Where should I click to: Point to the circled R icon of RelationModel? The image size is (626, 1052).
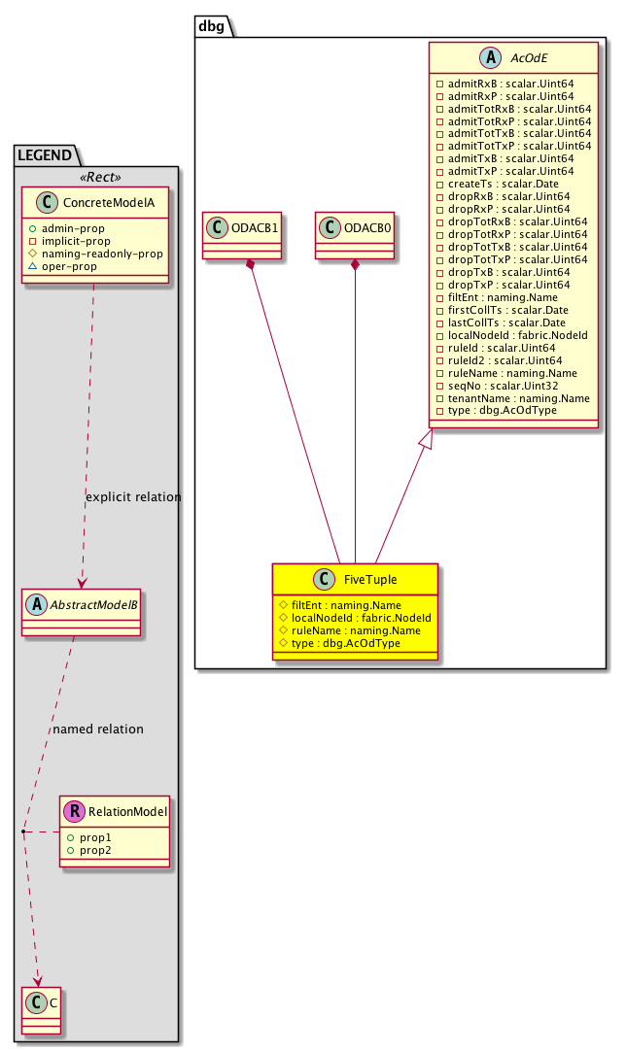tap(75, 811)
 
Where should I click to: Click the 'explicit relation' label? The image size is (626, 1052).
tap(133, 497)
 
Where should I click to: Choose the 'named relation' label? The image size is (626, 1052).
tap(98, 730)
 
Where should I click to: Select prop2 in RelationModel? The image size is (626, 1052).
tap(95, 850)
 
